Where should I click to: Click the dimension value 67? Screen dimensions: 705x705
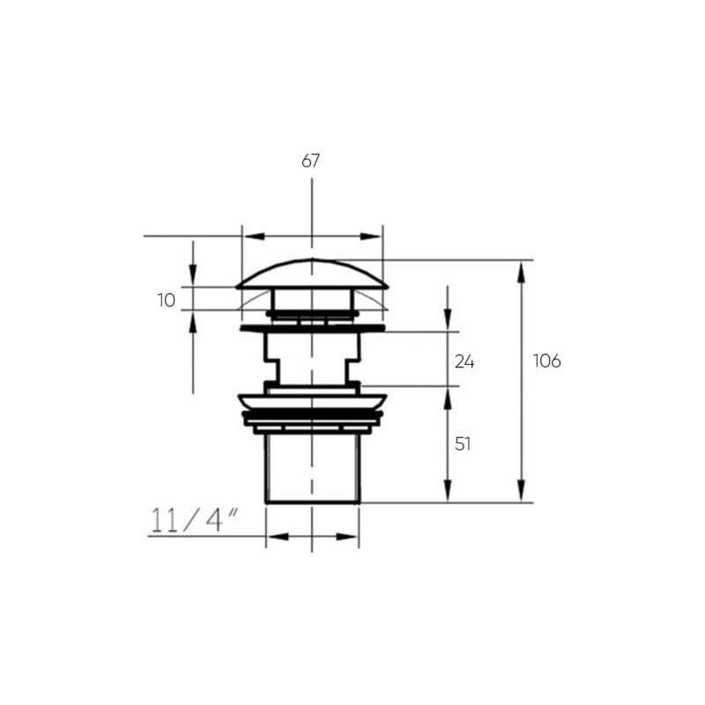click(x=310, y=160)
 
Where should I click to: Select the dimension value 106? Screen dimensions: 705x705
click(x=546, y=360)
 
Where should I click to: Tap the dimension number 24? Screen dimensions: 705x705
click(x=464, y=361)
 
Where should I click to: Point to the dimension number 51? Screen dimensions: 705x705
click(x=463, y=444)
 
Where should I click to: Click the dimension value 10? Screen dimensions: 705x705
click(x=167, y=301)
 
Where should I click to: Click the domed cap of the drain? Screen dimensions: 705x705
click(x=312, y=274)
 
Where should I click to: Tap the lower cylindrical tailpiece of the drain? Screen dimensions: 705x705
click(x=313, y=469)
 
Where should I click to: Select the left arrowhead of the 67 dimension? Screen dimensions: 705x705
click(x=254, y=236)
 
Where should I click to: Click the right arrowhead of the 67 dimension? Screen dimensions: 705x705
click(x=371, y=236)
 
